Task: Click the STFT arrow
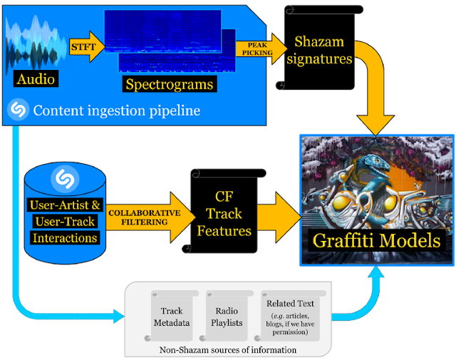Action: [87, 47]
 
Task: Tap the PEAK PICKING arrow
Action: [261, 49]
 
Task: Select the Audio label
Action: [36, 78]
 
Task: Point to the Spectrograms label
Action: [170, 84]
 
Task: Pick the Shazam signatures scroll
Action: [319, 48]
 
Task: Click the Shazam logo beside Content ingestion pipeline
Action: [18, 110]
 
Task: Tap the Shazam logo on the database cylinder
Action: [65, 178]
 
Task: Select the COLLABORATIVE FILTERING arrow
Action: [150, 217]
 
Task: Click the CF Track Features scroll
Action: [224, 211]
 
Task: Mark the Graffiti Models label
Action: [376, 241]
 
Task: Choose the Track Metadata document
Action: [172, 316]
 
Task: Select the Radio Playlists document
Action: [227, 316]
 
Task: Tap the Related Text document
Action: [290, 316]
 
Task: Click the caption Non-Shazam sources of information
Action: [228, 349]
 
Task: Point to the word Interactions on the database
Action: [65, 238]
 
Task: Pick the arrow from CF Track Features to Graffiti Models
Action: [279, 217]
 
